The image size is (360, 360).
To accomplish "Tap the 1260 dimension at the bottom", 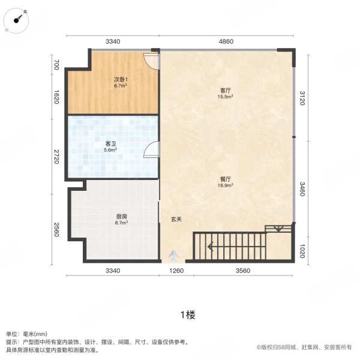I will [175, 271].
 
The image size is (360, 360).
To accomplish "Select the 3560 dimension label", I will [242, 271].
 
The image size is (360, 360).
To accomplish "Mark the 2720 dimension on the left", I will [56, 157].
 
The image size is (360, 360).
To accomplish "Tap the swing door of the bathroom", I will [154, 148].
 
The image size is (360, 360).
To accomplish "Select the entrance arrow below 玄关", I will [174, 255].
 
